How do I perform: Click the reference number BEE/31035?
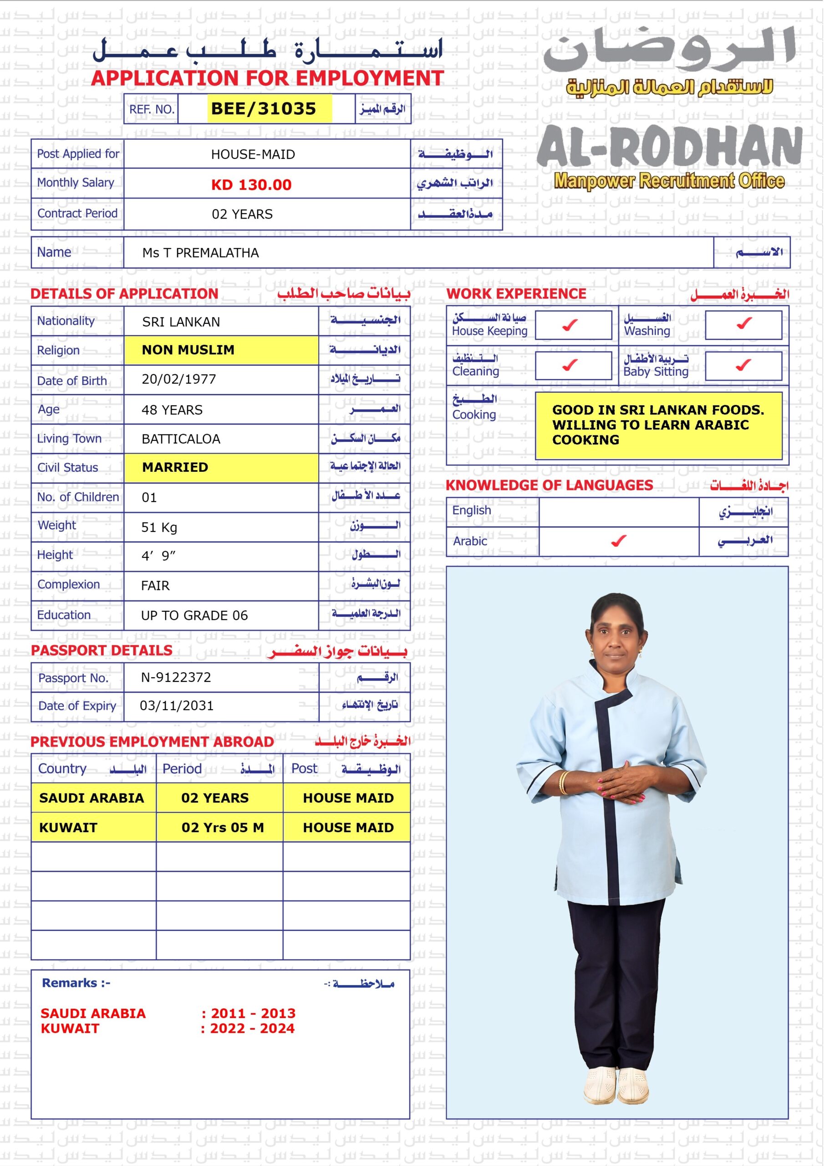point(264,109)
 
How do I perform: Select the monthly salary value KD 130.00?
point(251,185)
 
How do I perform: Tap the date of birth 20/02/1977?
point(179,379)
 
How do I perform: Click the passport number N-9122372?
point(176,677)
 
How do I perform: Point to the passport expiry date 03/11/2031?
point(177,706)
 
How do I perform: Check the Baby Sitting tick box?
point(743,365)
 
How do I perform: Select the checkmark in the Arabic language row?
point(618,542)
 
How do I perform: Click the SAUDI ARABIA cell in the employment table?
point(92,798)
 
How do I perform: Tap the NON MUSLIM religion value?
point(188,350)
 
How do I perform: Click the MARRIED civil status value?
point(175,467)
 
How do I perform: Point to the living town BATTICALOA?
point(181,439)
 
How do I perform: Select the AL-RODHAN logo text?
point(669,147)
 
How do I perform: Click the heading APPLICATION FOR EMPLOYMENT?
point(268,78)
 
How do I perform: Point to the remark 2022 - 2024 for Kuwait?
point(252,1028)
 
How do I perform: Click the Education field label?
point(64,615)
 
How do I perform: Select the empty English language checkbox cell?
point(618,511)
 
